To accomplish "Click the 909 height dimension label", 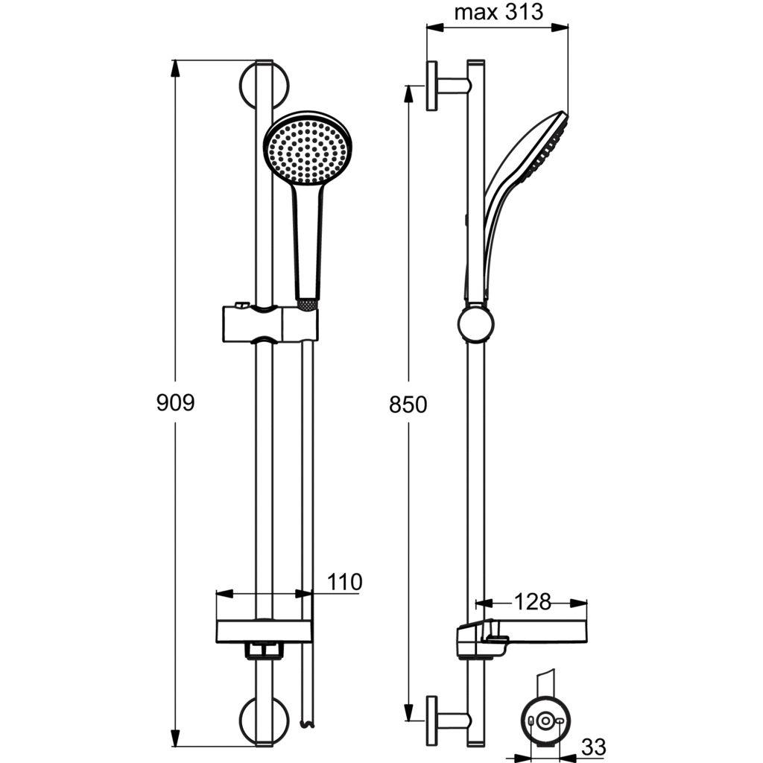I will [x=175, y=403].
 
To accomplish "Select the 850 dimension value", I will [x=408, y=405].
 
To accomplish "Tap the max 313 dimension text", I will [x=498, y=13].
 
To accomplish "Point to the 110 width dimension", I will [x=343, y=582].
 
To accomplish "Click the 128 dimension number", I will [x=533, y=602].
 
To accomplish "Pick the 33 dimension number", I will [x=594, y=746].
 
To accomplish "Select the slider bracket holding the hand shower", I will [x=270, y=322].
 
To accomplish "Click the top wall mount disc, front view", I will [x=264, y=84].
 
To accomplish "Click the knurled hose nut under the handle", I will [x=307, y=303].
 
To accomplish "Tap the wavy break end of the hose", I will [x=305, y=723].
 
